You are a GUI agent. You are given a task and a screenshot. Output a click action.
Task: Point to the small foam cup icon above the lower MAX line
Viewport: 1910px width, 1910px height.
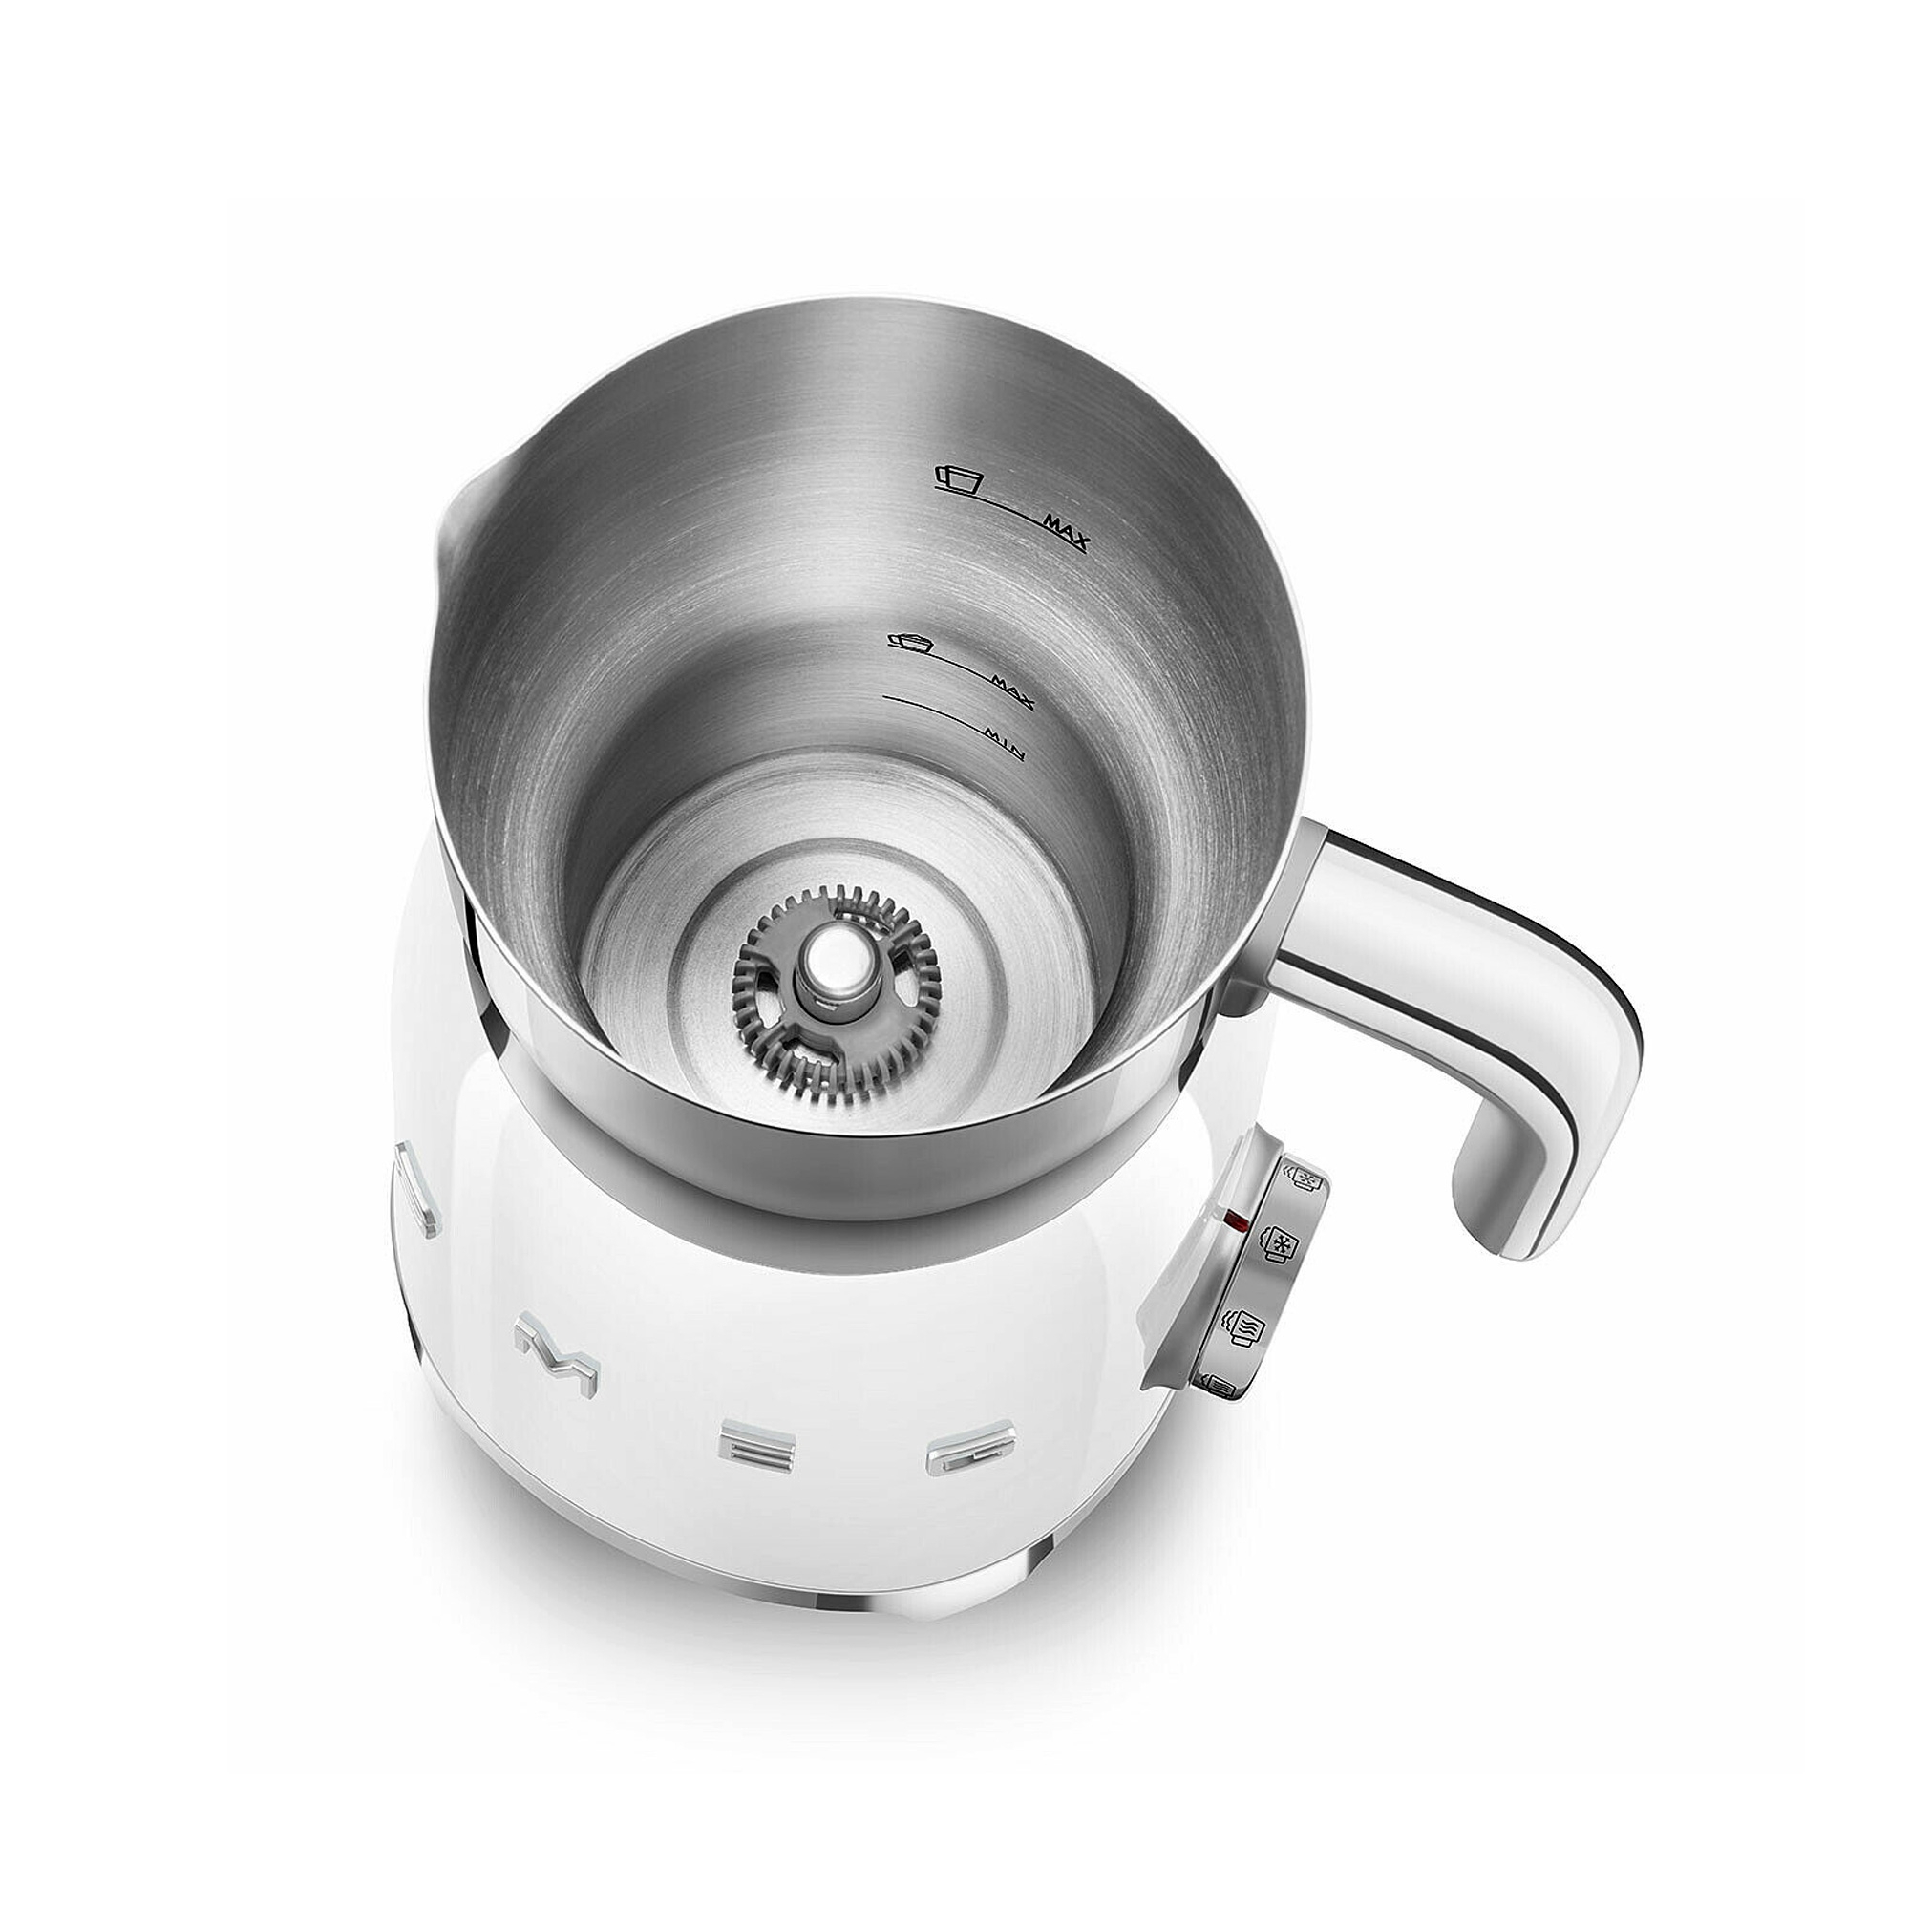tap(910, 644)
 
